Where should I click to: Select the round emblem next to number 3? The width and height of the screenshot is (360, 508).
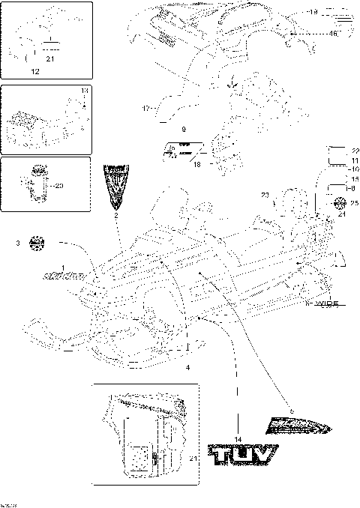(37, 243)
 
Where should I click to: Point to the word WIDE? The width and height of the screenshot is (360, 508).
(326, 303)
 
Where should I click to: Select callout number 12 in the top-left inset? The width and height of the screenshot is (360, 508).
(34, 71)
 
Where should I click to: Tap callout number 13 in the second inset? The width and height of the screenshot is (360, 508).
(84, 90)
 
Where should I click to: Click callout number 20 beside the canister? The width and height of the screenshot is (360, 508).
(60, 185)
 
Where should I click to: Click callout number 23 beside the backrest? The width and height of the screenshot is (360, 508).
(265, 196)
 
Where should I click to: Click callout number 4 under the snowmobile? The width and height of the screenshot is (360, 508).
(187, 367)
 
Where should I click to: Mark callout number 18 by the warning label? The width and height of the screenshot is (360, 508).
(196, 163)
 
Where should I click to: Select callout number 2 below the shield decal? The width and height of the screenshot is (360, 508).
(116, 215)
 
